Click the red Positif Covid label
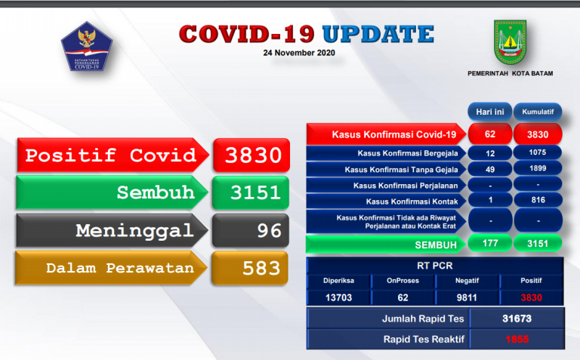(110, 156)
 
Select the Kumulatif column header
(537, 112)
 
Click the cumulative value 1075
(537, 152)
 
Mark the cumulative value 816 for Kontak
(537, 200)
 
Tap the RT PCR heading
(434, 266)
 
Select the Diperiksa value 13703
(338, 297)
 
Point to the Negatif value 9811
(467, 297)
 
